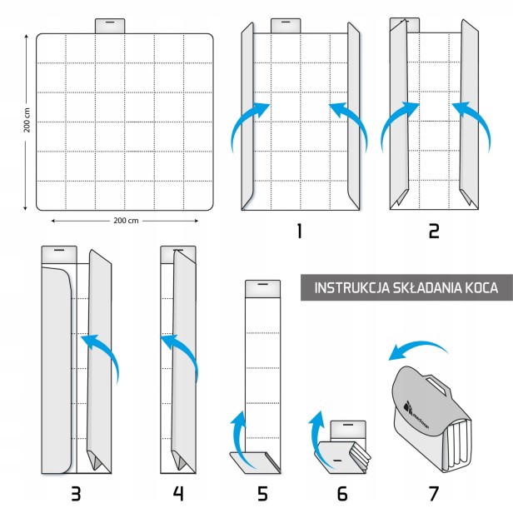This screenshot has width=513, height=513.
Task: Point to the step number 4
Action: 177,493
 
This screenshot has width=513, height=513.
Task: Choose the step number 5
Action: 262,493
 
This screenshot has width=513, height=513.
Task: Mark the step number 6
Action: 344,493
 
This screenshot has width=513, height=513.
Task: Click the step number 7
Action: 433,493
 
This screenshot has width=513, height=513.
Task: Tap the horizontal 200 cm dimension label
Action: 124,221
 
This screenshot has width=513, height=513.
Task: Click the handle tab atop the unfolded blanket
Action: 110,25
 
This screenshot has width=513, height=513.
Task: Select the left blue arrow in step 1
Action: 247,125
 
